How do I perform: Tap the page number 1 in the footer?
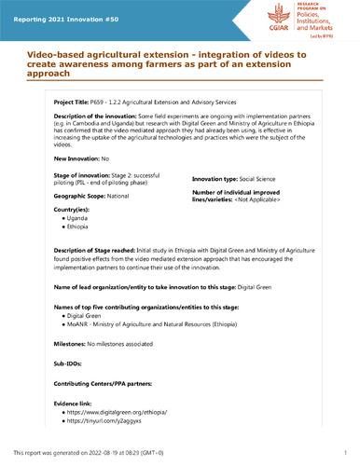click(x=344, y=454)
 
